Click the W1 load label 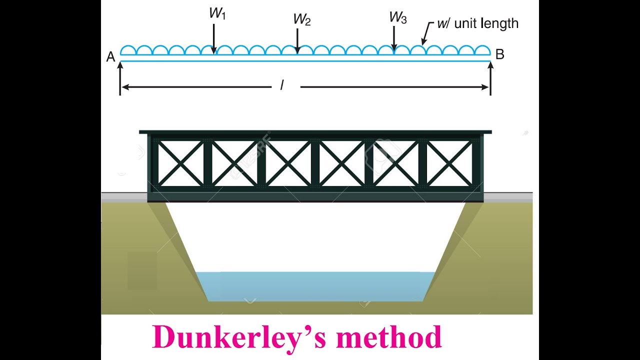217,14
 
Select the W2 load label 301,20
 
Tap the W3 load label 397,17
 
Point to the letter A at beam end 111,57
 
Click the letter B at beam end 499,54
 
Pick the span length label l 282,86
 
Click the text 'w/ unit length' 477,23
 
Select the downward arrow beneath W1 213,38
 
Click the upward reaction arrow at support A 120,77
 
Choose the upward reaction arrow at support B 490,77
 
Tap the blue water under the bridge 315,286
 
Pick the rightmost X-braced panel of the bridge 449,163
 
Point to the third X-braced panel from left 288,163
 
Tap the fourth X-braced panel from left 341,163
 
